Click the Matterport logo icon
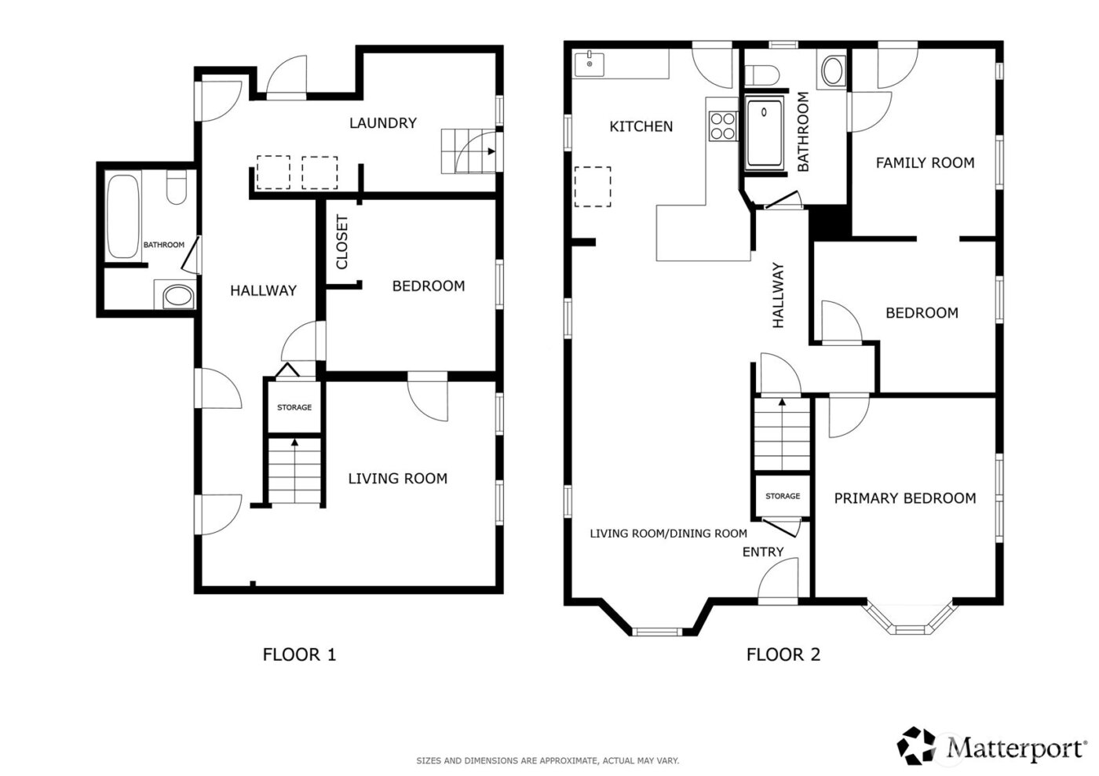[918, 745]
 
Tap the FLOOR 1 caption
[299, 654]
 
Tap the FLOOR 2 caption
[783, 654]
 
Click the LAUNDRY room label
[382, 123]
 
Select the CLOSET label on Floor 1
[342, 242]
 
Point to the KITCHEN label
[641, 126]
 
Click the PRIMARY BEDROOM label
[904, 498]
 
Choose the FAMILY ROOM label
[925, 163]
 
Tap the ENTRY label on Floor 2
[762, 552]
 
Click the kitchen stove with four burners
[723, 126]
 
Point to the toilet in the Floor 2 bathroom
[761, 75]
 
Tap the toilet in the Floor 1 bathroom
[176, 189]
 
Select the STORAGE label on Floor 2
[783, 496]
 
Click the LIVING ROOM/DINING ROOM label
[668, 534]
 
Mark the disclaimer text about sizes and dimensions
[547, 760]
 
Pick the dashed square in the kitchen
[593, 187]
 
